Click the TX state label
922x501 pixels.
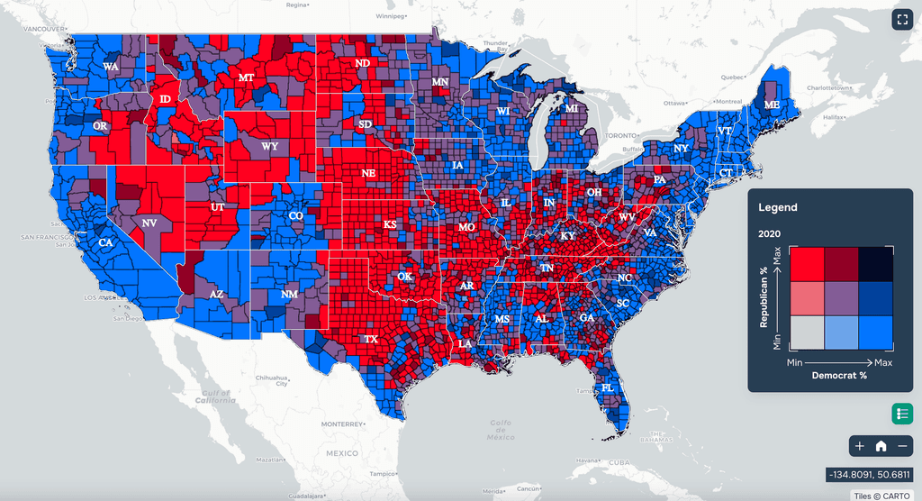click(370, 340)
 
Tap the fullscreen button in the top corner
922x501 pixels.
click(902, 20)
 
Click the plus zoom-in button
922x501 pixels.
click(860, 445)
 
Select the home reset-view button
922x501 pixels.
click(881, 445)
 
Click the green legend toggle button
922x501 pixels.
click(902, 414)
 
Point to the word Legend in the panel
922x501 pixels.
click(777, 207)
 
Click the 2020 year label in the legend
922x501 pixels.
click(769, 233)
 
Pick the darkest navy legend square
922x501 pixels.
click(876, 264)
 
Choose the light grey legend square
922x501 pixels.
click(806, 333)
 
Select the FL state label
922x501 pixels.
click(607, 388)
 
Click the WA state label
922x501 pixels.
click(110, 67)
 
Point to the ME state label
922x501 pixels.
click(772, 105)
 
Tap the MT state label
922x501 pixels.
click(246, 78)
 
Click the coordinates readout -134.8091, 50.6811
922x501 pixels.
click(869, 475)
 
